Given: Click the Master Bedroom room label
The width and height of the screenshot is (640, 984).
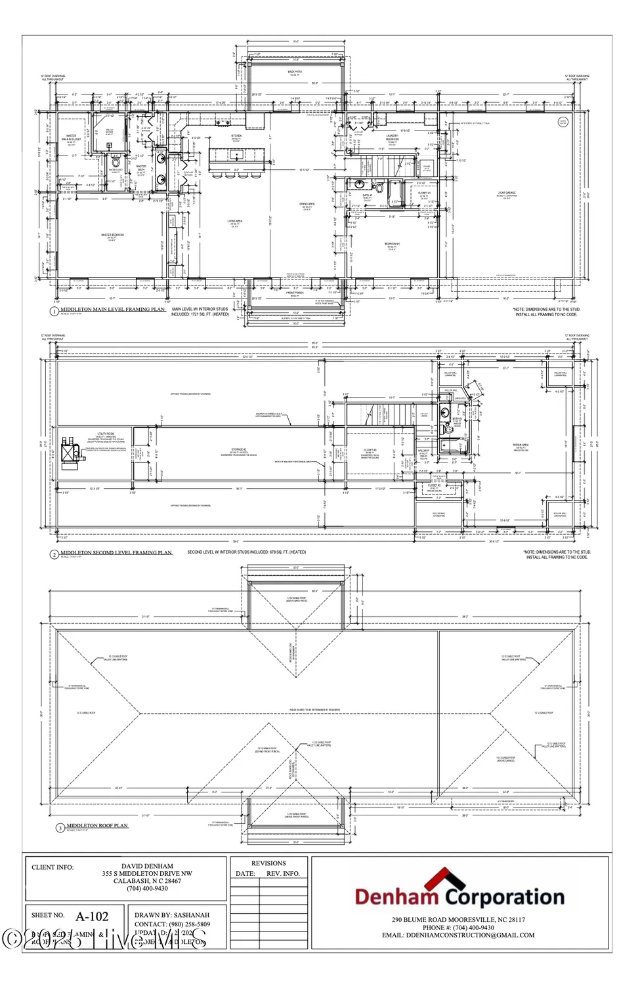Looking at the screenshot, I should (x=112, y=236).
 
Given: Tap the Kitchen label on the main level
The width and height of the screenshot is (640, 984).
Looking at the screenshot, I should (x=236, y=137).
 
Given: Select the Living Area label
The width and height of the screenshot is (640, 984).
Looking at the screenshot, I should (x=235, y=222).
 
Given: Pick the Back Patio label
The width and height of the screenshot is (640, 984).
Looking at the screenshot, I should (x=295, y=73).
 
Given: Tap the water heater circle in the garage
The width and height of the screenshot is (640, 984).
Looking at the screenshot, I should (x=563, y=121).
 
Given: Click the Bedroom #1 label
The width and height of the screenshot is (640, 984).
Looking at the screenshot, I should (x=392, y=245).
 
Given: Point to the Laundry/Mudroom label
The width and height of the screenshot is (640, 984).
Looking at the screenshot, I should (x=392, y=140).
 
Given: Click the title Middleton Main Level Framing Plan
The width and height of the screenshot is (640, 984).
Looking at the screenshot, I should (x=112, y=310).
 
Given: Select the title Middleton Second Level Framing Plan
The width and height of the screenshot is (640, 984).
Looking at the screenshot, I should (x=116, y=553).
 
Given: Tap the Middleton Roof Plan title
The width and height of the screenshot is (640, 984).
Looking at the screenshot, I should (x=97, y=826).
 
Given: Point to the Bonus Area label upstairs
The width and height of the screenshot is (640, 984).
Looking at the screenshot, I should (x=521, y=445).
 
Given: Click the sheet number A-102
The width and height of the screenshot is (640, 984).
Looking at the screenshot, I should (x=91, y=916).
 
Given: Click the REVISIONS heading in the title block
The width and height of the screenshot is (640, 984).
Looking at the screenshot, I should (x=268, y=863).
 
